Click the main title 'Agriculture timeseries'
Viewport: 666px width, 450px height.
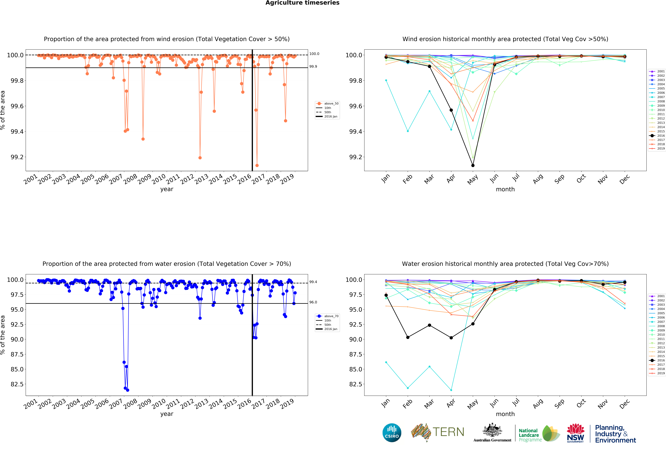click(302, 3)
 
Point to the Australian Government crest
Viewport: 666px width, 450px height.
click(492, 430)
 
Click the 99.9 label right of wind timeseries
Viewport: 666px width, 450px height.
click(313, 67)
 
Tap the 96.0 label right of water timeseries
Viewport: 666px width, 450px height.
click(313, 302)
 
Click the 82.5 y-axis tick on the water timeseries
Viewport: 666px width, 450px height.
click(17, 384)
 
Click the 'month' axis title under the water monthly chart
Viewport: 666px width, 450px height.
click(505, 414)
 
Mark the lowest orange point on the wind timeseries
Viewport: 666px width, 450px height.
click(257, 165)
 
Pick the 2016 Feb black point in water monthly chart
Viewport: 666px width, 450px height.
click(408, 337)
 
